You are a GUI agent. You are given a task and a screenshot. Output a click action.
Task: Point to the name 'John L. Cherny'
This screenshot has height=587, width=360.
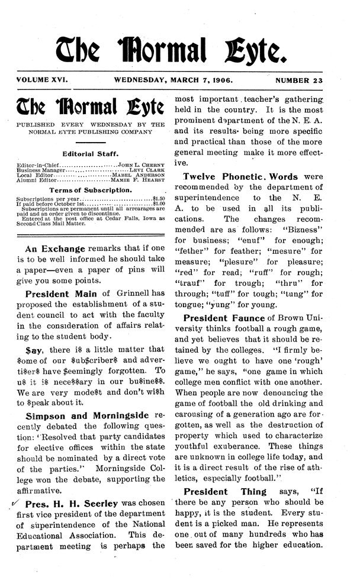(142, 163)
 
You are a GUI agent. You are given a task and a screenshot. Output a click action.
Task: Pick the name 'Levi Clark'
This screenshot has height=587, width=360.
(147, 169)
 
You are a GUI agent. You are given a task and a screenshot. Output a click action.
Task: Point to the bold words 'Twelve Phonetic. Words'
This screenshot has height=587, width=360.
(242, 177)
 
